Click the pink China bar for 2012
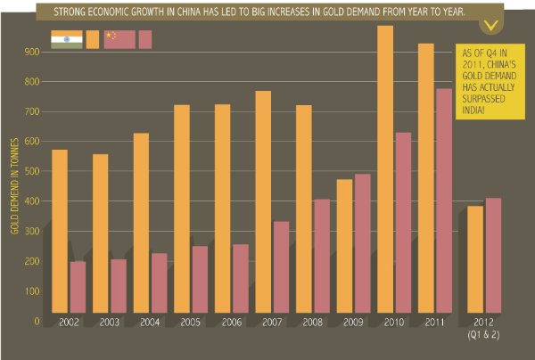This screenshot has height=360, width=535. [492, 256]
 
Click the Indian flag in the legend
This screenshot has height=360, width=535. [66, 39]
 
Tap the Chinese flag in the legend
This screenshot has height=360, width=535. [119, 39]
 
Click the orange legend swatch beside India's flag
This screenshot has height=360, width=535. [93, 39]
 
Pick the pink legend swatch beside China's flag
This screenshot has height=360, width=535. [146, 39]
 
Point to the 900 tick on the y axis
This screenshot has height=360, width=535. [33, 52]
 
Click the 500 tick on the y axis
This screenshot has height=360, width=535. [33, 171]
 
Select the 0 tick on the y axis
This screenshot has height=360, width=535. [37, 321]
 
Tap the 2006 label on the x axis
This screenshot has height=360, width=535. [232, 323]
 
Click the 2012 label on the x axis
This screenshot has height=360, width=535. [482, 323]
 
